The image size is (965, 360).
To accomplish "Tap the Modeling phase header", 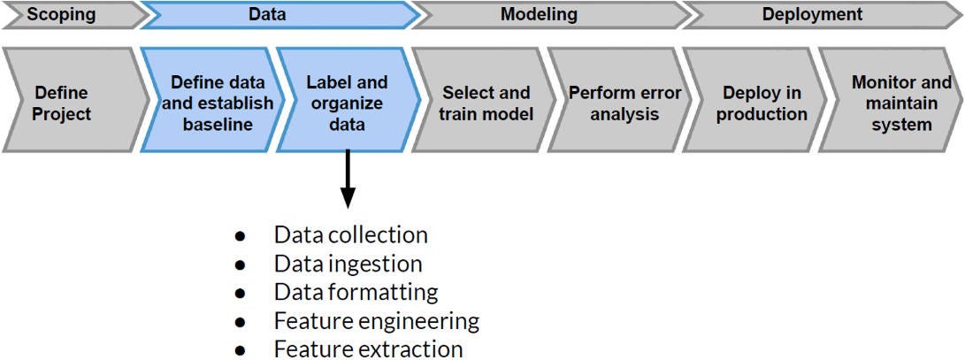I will (x=539, y=14).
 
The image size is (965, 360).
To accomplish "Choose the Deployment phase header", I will (x=811, y=14).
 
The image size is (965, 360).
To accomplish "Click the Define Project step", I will (x=62, y=103).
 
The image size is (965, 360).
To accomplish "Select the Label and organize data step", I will (x=346, y=103).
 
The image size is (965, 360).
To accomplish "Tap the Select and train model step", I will (x=486, y=103).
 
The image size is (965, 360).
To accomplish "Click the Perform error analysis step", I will (x=624, y=103).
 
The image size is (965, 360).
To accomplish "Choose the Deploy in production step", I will (x=762, y=103).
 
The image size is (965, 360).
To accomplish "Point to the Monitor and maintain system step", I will (x=900, y=103).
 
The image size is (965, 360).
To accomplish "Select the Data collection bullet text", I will (x=350, y=235).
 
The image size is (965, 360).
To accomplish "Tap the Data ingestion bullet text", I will (x=348, y=264).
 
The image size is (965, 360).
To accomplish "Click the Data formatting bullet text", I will (x=356, y=292).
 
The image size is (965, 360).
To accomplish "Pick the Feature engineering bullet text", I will (x=376, y=320).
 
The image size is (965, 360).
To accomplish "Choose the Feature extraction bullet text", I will (x=368, y=349).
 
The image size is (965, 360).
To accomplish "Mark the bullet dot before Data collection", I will (x=239, y=237).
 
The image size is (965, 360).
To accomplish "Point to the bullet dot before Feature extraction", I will (x=239, y=350).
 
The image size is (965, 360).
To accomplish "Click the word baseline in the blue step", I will (x=217, y=125).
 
